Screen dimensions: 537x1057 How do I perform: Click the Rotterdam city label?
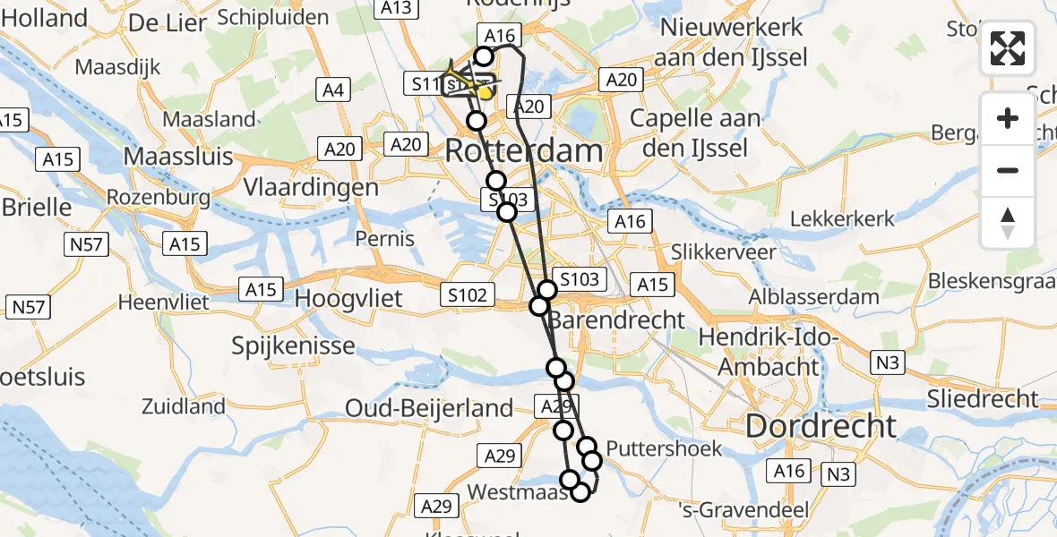[524, 150]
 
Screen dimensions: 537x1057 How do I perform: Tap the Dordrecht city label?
[821, 426]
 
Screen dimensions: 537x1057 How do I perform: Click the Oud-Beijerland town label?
[430, 408]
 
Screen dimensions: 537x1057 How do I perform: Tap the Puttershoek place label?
[664, 448]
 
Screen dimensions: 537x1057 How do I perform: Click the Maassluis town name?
[177, 157]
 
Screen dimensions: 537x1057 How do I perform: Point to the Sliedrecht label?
[983, 399]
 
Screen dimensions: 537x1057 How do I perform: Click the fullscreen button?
[1008, 48]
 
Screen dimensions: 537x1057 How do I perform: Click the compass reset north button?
[1008, 223]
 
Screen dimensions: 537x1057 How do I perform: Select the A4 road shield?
[332, 89]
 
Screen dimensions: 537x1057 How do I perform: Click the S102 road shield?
[467, 294]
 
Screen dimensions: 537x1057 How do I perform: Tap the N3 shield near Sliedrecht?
[887, 362]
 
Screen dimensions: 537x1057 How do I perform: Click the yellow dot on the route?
[485, 92]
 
